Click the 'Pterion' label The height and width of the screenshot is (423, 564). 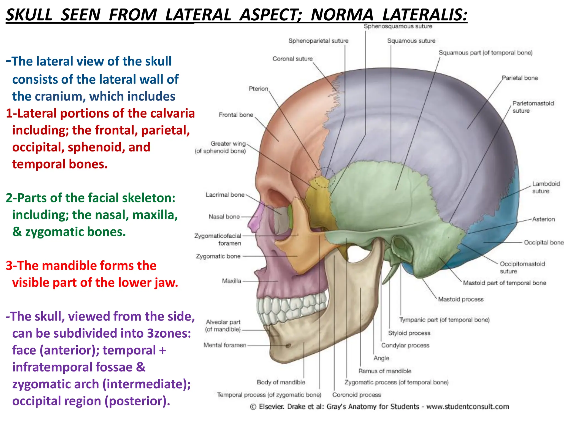click(258, 89)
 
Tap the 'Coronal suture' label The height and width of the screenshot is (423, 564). click(292, 59)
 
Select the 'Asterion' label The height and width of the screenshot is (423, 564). click(543, 219)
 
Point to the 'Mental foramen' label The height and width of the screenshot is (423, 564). click(225, 345)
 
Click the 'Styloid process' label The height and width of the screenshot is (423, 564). click(409, 333)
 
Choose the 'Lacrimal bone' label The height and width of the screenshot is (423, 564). click(225, 195)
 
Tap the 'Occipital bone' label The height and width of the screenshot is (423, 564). click(543, 243)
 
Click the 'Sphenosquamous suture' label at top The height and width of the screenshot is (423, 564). click(398, 26)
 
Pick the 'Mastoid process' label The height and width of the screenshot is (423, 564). click(461, 299)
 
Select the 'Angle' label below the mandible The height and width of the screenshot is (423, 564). click(381, 358)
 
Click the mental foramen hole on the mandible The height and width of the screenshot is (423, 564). click(289, 345)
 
